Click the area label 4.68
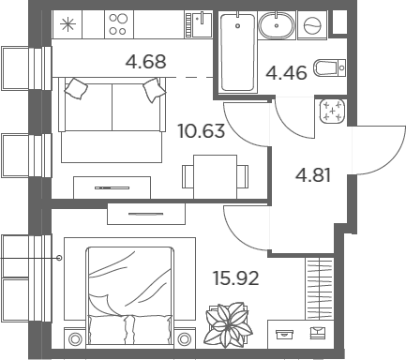(145, 62)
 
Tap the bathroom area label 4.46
(286, 73)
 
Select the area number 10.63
(202, 130)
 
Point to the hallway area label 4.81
(313, 175)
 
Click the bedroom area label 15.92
(236, 278)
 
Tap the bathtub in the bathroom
(237, 52)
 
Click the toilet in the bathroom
(330, 67)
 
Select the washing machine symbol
(312, 25)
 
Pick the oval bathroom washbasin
(277, 25)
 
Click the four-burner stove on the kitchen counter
(119, 24)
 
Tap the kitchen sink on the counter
(199, 24)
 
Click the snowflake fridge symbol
(68, 24)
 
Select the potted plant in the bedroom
(228, 325)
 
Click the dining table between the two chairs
(215, 176)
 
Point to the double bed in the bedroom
(129, 296)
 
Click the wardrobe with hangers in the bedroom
(320, 289)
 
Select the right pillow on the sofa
(154, 90)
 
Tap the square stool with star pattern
(333, 112)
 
